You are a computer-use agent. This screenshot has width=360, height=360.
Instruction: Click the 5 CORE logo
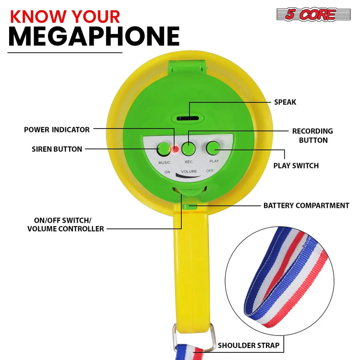click(x=313, y=14)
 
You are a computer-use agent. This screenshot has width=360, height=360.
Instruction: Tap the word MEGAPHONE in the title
click(x=94, y=36)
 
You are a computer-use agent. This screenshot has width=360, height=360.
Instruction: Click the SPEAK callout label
click(x=285, y=102)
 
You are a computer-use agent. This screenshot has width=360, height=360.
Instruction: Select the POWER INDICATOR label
click(x=57, y=130)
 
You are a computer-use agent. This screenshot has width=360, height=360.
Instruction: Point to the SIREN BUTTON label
click(x=57, y=149)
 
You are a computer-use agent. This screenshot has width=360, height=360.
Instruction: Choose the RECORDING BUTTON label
click(x=312, y=136)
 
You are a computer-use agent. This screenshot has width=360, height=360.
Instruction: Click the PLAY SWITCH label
click(x=296, y=166)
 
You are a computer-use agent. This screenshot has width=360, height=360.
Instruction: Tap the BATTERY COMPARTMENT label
click(x=306, y=205)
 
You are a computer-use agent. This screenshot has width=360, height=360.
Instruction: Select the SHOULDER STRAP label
click(x=249, y=345)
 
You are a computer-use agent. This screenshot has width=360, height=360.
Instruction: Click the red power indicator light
click(x=176, y=149)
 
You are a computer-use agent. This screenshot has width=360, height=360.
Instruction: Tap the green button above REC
click(x=189, y=148)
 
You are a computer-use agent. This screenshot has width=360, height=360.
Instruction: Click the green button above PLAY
click(x=213, y=148)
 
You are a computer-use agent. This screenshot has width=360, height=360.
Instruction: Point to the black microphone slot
click(x=188, y=118)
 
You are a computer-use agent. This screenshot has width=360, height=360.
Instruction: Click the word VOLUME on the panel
click(x=189, y=171)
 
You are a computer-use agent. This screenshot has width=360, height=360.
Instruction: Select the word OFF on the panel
click(x=210, y=171)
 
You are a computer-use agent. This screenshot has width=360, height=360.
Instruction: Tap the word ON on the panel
click(x=168, y=172)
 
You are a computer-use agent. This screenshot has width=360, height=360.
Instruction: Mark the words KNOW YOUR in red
click(x=65, y=16)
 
